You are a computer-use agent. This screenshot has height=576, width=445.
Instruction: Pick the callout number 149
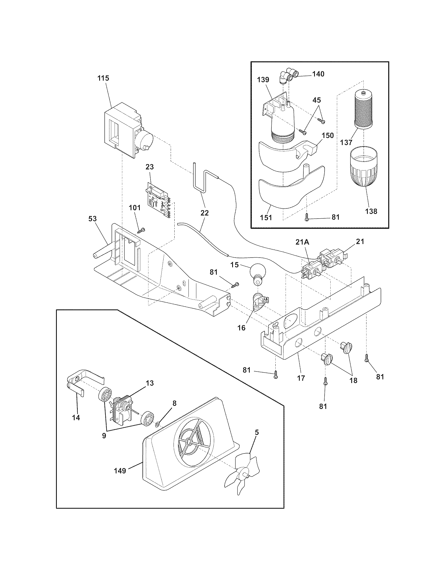click(120, 470)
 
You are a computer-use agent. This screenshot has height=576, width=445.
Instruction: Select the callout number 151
click(266, 218)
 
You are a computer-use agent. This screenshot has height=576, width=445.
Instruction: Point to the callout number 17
click(301, 378)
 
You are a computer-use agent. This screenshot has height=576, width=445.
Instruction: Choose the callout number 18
click(353, 380)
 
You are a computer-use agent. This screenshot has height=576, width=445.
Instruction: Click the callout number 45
click(317, 100)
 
